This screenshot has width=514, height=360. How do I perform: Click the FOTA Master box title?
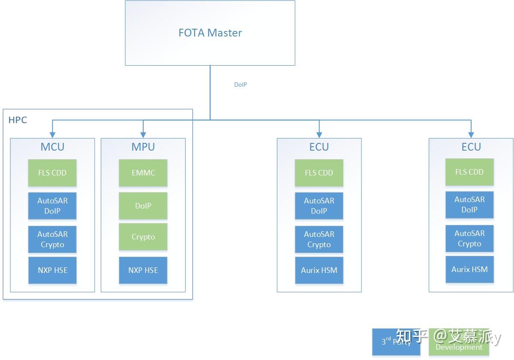tap(210, 33)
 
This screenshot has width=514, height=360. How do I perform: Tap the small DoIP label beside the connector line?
tap(240, 85)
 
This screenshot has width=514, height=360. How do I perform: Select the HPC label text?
tap(18, 120)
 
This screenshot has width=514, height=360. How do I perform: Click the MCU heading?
tap(52, 147)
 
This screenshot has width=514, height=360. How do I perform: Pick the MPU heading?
tap(143, 147)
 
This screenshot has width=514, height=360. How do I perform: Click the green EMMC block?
tap(143, 173)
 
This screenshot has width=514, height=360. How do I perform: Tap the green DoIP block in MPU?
tap(143, 206)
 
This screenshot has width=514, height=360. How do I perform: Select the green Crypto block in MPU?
tap(143, 237)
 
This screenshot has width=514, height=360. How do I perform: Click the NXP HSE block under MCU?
tap(52, 270)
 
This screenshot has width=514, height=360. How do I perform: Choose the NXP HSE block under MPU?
tap(143, 270)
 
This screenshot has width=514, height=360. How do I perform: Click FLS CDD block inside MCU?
tap(52, 173)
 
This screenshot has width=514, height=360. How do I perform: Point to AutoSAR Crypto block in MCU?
tap(52, 239)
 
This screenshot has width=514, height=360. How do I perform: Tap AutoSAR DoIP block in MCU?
tap(52, 206)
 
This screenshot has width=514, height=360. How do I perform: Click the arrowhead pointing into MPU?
tap(143, 135)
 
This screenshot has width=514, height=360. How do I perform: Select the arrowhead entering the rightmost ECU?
tap(471, 135)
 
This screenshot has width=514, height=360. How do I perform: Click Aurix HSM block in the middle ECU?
tap(319, 270)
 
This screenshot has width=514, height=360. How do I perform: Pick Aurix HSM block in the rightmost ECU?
tap(469, 269)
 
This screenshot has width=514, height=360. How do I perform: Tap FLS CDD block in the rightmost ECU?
tap(469, 172)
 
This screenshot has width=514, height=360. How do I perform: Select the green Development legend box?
tap(459, 342)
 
